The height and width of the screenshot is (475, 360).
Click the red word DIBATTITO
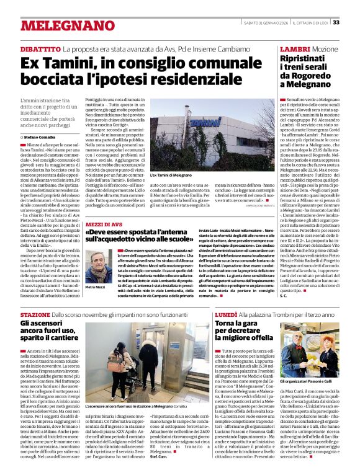[40, 48]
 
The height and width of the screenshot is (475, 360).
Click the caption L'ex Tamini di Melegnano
[171, 176]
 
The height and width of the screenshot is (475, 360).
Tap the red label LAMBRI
[294, 48]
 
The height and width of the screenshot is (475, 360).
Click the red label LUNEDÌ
[226, 315]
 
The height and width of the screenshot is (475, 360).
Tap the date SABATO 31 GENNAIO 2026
[261, 22]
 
